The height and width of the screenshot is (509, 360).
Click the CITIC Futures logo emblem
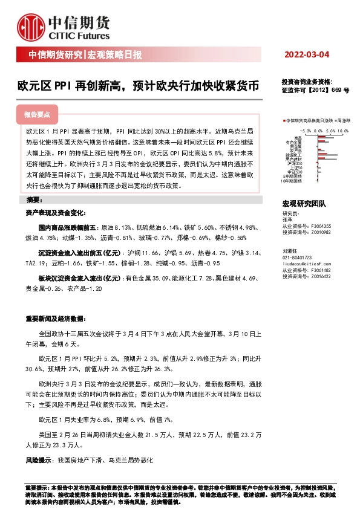[30, 26]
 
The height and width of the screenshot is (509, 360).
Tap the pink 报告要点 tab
[40, 114]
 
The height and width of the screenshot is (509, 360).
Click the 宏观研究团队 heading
[304, 204]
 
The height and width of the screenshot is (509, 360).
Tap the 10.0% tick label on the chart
[343, 129]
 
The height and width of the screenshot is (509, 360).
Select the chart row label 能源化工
[295, 155]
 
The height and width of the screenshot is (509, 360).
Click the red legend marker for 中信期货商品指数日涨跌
[284, 121]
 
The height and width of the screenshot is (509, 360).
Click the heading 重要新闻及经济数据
[51, 319]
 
